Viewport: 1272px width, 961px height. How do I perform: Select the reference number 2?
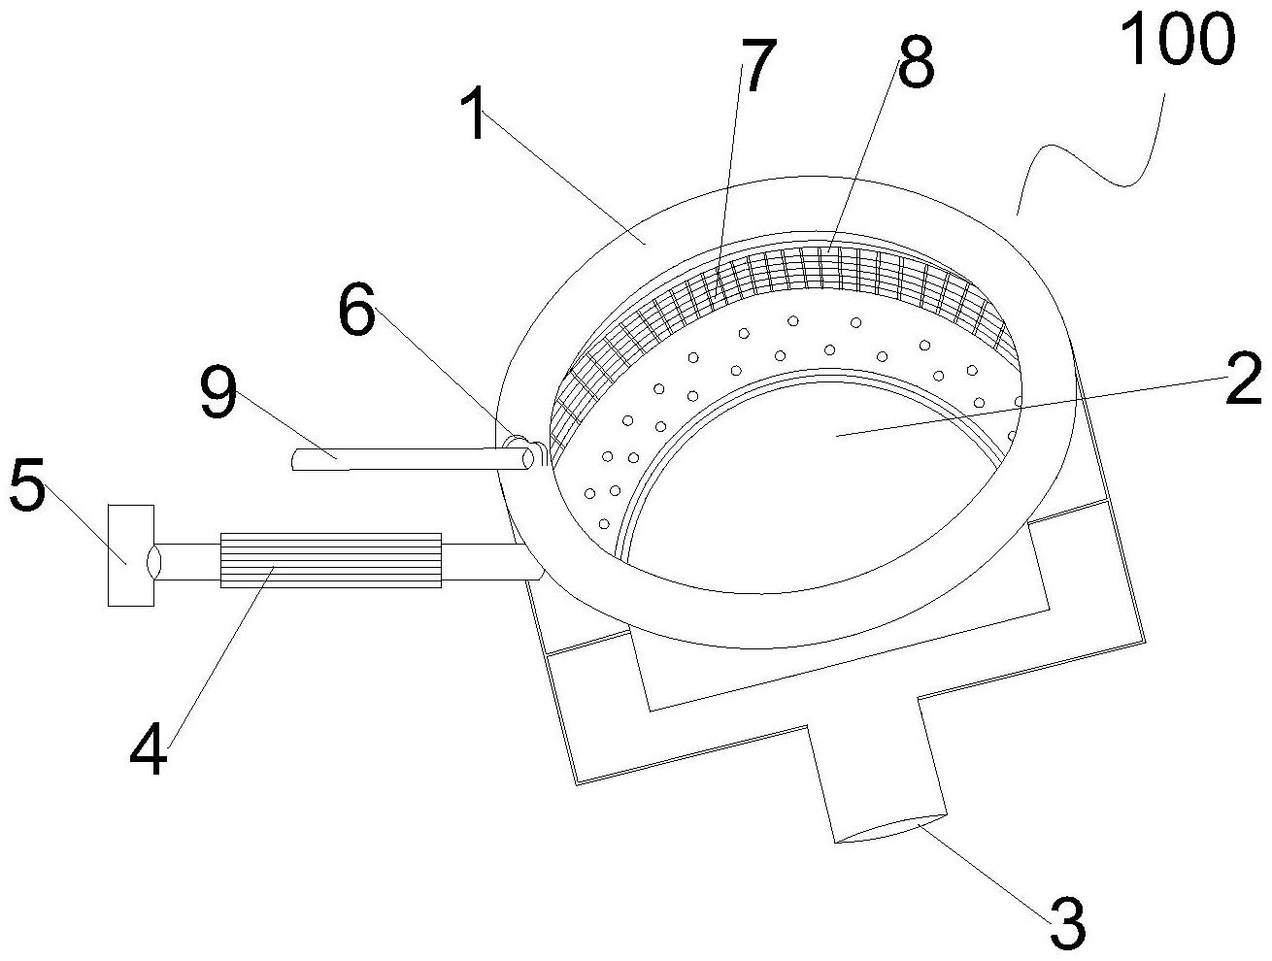pos(1243,381)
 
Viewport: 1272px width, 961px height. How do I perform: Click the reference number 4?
pos(149,746)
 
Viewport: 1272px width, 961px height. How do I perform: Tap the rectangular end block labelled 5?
pos(130,555)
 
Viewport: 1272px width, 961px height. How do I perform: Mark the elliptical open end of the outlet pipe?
pos(888,832)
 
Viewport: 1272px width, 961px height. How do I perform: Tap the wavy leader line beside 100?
pos(1088,160)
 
